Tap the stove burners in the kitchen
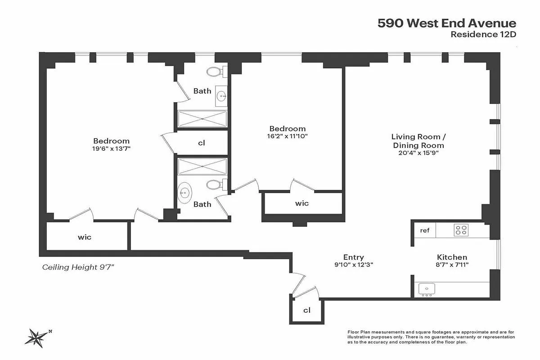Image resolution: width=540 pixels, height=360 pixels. (x=461, y=230)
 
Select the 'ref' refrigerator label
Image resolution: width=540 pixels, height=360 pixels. (x=425, y=230)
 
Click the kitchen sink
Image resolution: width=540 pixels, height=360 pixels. (x=426, y=288)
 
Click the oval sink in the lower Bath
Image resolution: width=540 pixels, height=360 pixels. (x=184, y=193)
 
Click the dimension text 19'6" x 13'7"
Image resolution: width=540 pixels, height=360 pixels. (x=111, y=148)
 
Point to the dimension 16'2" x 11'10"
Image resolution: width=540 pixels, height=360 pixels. (x=287, y=136)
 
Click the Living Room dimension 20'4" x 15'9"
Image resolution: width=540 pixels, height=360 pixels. (x=418, y=153)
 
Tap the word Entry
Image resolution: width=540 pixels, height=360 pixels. (x=353, y=257)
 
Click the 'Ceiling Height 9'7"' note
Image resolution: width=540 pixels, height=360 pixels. (x=78, y=267)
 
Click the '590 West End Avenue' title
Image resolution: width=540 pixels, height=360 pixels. (x=446, y=23)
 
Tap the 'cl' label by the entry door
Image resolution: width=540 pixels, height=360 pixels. (x=307, y=310)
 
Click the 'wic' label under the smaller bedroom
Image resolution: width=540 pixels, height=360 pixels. (x=302, y=203)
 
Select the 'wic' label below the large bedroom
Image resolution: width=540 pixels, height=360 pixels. (x=85, y=237)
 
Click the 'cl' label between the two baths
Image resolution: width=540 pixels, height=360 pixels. (x=202, y=143)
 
